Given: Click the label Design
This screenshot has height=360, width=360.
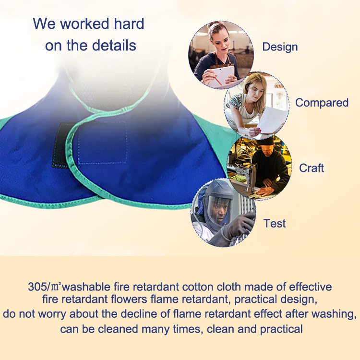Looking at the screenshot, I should pos(280,47).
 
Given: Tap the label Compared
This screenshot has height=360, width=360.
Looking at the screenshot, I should pos(322,103).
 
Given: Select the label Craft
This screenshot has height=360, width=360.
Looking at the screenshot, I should pos(312,168).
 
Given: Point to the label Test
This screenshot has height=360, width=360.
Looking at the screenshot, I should pos(275,223).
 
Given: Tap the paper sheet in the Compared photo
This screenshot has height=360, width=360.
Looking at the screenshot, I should pos(272,120).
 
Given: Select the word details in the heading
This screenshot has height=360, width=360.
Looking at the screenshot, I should pos(113,46).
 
